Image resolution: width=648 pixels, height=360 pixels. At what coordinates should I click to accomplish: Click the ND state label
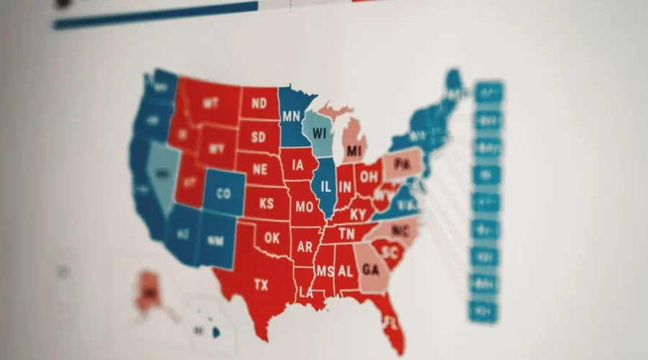(259, 104)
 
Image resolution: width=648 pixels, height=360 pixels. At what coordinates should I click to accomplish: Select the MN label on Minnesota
(292, 117)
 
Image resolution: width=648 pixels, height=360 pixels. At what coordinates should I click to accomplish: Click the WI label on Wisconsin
(320, 134)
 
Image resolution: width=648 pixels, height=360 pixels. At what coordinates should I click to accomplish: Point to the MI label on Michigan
(353, 151)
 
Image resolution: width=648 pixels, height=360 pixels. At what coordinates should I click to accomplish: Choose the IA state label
(297, 165)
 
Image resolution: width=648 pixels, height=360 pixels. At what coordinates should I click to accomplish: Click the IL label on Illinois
(326, 186)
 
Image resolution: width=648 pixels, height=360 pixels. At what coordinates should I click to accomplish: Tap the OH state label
(369, 176)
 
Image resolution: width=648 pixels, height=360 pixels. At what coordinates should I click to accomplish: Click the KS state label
(266, 204)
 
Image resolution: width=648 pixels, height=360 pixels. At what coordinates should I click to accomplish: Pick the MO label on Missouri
(303, 207)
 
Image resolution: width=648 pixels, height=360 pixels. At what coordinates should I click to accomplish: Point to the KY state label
(358, 214)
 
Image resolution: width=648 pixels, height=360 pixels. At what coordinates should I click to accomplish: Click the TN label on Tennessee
(346, 234)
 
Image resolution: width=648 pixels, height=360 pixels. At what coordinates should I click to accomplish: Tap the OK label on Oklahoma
(271, 238)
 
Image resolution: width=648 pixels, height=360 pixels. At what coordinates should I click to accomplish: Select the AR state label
(305, 247)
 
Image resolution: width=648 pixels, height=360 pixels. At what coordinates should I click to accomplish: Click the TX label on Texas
(261, 285)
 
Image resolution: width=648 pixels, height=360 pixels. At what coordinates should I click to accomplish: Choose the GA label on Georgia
(370, 270)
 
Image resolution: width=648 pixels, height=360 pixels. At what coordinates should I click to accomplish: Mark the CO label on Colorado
(223, 194)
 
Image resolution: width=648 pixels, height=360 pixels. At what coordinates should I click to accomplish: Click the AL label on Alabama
(345, 271)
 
